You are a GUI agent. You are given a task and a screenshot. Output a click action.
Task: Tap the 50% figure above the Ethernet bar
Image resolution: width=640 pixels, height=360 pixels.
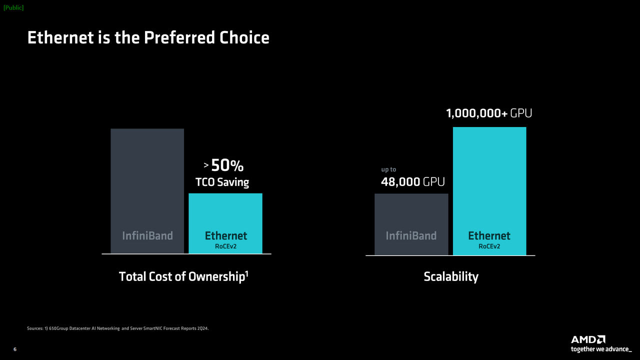227,165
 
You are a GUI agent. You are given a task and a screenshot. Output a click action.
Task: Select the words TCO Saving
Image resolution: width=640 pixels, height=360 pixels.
222,182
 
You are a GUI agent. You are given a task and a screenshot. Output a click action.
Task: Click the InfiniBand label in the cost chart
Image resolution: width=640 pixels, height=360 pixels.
147,235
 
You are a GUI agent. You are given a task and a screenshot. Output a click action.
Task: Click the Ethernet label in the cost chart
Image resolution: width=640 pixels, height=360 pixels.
226,235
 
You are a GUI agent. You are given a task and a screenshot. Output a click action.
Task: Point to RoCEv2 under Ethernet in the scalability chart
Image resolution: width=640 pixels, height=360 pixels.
489,246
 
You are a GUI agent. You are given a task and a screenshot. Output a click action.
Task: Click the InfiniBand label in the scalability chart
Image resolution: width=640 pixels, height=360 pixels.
411,235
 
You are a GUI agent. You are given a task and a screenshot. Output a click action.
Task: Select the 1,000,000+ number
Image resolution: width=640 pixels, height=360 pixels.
476,114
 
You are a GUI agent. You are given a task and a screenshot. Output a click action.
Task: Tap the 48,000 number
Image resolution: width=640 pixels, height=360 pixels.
400,182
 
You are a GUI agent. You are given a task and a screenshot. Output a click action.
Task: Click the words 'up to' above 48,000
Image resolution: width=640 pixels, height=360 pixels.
388,169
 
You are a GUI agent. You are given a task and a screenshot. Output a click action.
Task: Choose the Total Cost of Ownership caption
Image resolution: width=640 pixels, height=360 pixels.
181,276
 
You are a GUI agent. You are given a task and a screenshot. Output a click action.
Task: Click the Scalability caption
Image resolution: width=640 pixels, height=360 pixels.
451,276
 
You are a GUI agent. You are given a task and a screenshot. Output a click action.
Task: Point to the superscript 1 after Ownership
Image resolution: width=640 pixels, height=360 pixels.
246,272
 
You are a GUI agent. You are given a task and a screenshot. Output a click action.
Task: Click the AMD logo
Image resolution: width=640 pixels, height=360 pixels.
588,339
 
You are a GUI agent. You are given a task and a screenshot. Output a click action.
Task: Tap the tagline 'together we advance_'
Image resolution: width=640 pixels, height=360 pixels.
601,349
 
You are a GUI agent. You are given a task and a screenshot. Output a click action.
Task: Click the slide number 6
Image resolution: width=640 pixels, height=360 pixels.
14,349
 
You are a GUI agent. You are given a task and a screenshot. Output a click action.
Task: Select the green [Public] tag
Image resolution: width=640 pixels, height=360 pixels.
13,7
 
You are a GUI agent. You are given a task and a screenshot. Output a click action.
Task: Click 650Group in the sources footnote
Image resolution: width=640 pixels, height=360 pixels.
59,328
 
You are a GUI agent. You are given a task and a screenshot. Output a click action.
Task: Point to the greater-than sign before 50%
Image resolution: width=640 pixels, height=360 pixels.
206,165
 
